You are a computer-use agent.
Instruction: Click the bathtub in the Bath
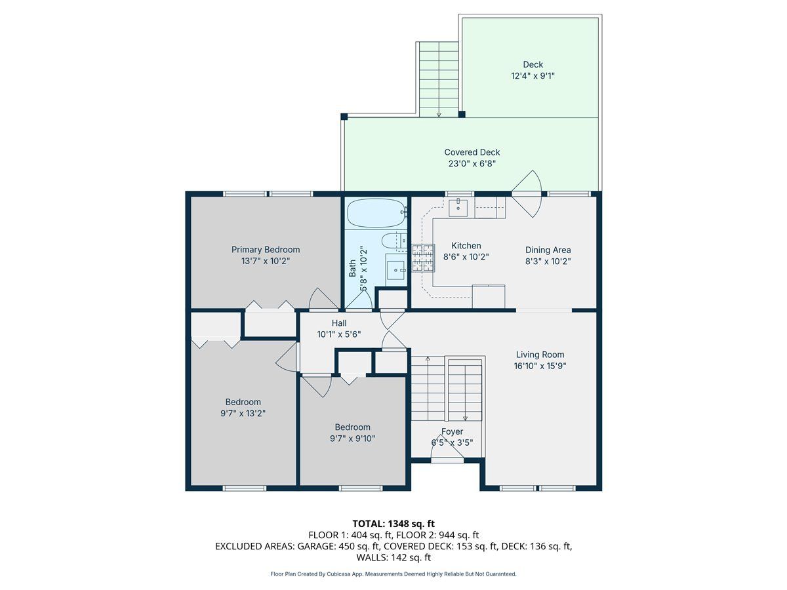pyautogui.click(x=377, y=213)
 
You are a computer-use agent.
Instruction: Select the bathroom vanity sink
pyautogui.click(x=396, y=269)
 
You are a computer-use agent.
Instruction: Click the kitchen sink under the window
pyautogui.click(x=458, y=208)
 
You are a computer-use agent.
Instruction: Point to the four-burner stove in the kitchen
pyautogui.click(x=423, y=258)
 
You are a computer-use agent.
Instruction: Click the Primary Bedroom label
pyautogui.click(x=266, y=249)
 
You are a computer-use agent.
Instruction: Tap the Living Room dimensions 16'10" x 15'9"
pyautogui.click(x=540, y=366)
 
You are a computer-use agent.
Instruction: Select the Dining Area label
pyautogui.click(x=548, y=250)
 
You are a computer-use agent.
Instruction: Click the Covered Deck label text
pyautogui.click(x=472, y=152)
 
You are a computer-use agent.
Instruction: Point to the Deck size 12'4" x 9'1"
pyautogui.click(x=533, y=76)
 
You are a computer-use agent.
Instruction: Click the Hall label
pyautogui.click(x=339, y=323)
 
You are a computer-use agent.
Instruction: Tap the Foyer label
pyautogui.click(x=452, y=431)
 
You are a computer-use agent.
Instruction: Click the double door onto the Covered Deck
pyautogui.click(x=526, y=194)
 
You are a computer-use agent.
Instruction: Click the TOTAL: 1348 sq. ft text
pyautogui.click(x=393, y=524)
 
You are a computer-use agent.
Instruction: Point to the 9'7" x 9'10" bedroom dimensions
pyautogui.click(x=352, y=438)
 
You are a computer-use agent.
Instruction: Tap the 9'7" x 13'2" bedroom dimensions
pyautogui.click(x=243, y=413)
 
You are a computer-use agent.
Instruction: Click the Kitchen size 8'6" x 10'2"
pyautogui.click(x=466, y=257)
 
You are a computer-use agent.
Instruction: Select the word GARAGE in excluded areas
pyautogui.click(x=315, y=546)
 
